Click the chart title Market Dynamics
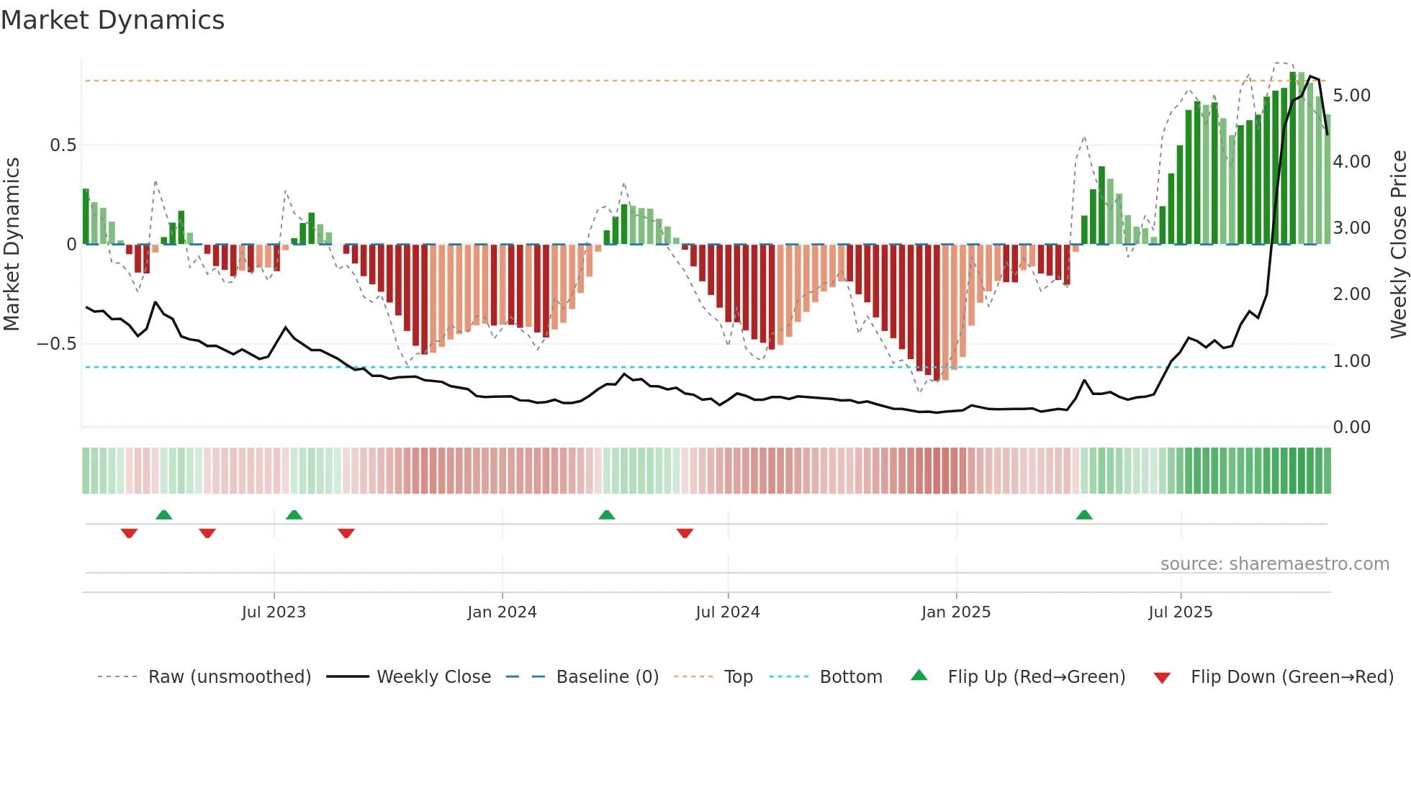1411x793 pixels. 112,20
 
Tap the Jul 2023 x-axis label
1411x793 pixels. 274,612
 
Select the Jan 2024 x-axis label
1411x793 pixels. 502,612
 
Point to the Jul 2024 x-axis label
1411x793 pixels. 727,612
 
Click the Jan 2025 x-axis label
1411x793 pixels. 955,612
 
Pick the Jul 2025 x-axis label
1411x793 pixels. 1180,612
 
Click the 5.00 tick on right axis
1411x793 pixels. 1351,96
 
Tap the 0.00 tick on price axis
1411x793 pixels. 1351,427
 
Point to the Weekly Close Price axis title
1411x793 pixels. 1398,244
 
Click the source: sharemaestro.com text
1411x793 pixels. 1274,564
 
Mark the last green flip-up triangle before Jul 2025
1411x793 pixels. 1083,515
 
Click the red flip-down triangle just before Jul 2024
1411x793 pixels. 685,533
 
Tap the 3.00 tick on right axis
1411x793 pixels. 1351,228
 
